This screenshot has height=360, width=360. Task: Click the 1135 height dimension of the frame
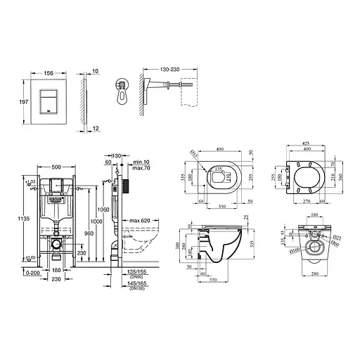pyautogui.click(x=9, y=219)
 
